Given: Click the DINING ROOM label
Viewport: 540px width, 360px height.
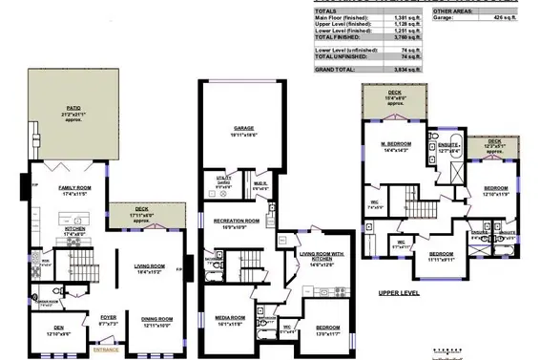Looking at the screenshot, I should point(156,318).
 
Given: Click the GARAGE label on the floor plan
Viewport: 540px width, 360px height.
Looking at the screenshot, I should point(249,128).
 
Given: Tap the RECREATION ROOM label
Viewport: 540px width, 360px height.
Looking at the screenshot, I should point(230,221).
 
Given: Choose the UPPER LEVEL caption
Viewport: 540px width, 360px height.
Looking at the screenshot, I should point(398,292).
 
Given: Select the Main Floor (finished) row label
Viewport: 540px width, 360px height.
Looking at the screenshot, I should point(341,17).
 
